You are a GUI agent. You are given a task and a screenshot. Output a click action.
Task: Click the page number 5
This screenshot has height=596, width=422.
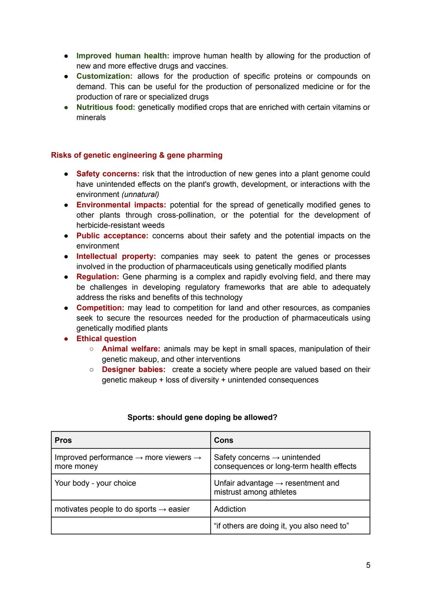[x=368, y=565]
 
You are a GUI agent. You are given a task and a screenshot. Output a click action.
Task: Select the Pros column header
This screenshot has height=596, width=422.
[x=63, y=440]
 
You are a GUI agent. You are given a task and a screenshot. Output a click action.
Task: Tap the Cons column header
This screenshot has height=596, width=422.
[x=224, y=440]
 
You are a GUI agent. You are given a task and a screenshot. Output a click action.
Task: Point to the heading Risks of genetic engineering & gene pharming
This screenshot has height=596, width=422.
[x=137, y=155]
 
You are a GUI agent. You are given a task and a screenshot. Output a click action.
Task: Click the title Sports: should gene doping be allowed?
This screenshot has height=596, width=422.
[x=202, y=417]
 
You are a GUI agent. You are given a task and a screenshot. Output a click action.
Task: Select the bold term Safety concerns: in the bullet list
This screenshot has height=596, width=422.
[x=108, y=174]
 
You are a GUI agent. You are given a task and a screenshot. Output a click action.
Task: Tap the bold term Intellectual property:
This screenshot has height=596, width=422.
[x=116, y=256]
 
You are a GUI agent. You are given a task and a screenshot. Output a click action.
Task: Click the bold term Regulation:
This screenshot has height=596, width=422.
[x=98, y=277]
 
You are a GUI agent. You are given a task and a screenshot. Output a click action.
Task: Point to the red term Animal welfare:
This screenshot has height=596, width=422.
[x=131, y=349]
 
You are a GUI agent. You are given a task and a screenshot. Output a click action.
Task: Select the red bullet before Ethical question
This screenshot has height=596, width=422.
[x=67, y=339]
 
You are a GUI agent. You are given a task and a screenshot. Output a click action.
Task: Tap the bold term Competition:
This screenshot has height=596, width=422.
[x=100, y=308]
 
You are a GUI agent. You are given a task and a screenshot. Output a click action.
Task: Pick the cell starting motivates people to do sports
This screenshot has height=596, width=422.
[x=122, y=509]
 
